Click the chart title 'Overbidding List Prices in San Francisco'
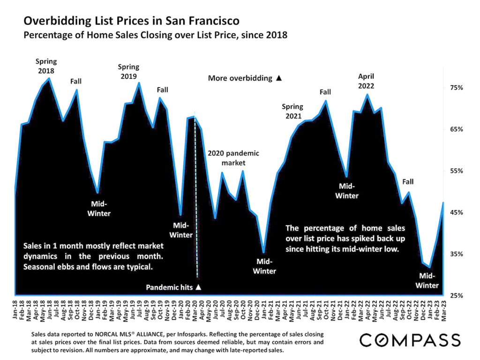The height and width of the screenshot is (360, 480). [132, 21]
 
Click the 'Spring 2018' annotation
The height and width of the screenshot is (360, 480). [46, 66]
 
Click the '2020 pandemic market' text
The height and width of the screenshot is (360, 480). [233, 158]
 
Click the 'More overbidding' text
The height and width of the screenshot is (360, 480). [240, 78]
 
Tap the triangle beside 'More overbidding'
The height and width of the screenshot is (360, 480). [279, 78]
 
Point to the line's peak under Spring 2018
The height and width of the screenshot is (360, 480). [49, 78]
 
